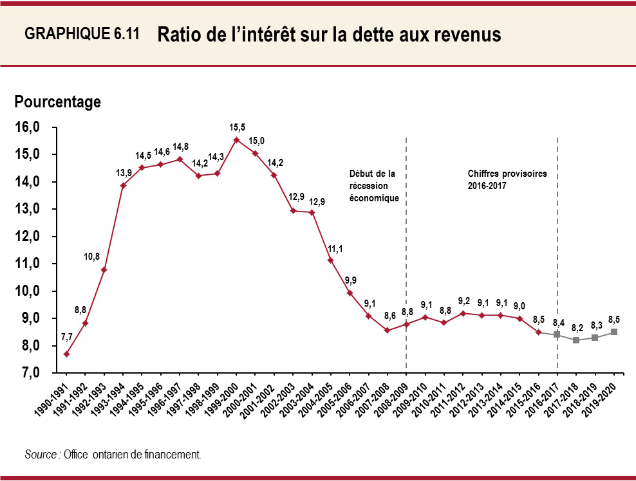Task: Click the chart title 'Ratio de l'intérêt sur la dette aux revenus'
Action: pyautogui.click(x=328, y=35)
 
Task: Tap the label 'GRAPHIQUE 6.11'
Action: pyautogui.click(x=82, y=35)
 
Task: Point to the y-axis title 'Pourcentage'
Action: pyautogui.click(x=58, y=102)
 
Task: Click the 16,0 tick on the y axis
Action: pyautogui.click(x=27, y=127)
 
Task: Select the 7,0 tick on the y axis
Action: pyautogui.click(x=27, y=373)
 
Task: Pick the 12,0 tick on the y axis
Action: pyautogui.click(x=27, y=237)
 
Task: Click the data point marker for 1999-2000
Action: pyautogui.click(x=236, y=140)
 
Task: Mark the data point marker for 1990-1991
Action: pyautogui.click(x=66, y=354)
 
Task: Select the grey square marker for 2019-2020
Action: pyautogui.click(x=614, y=332)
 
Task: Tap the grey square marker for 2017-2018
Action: pyautogui.click(x=576, y=340)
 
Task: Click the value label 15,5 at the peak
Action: pyautogui.click(x=237, y=127)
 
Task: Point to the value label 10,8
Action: pyautogui.click(x=91, y=257)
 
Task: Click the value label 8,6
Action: pyautogui.click(x=389, y=316)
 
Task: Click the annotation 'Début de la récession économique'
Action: pyautogui.click(x=374, y=186)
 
